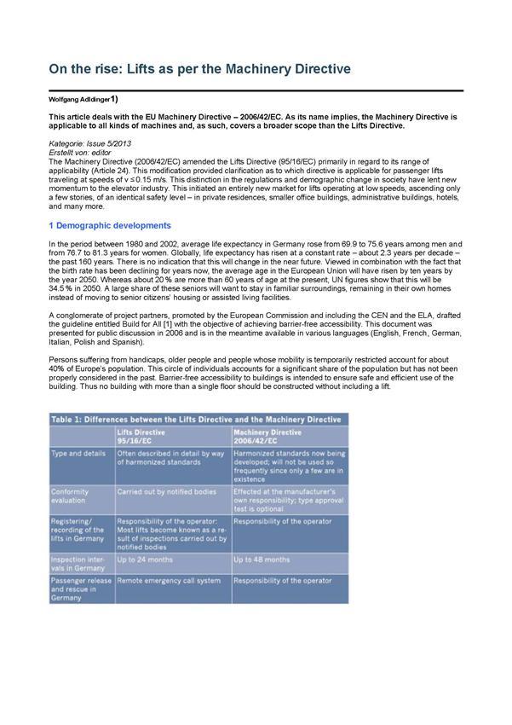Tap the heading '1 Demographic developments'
click(x=110, y=225)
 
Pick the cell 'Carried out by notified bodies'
click(x=166, y=491)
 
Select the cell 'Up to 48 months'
click(x=262, y=560)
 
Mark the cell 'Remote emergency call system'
click(x=162, y=580)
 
